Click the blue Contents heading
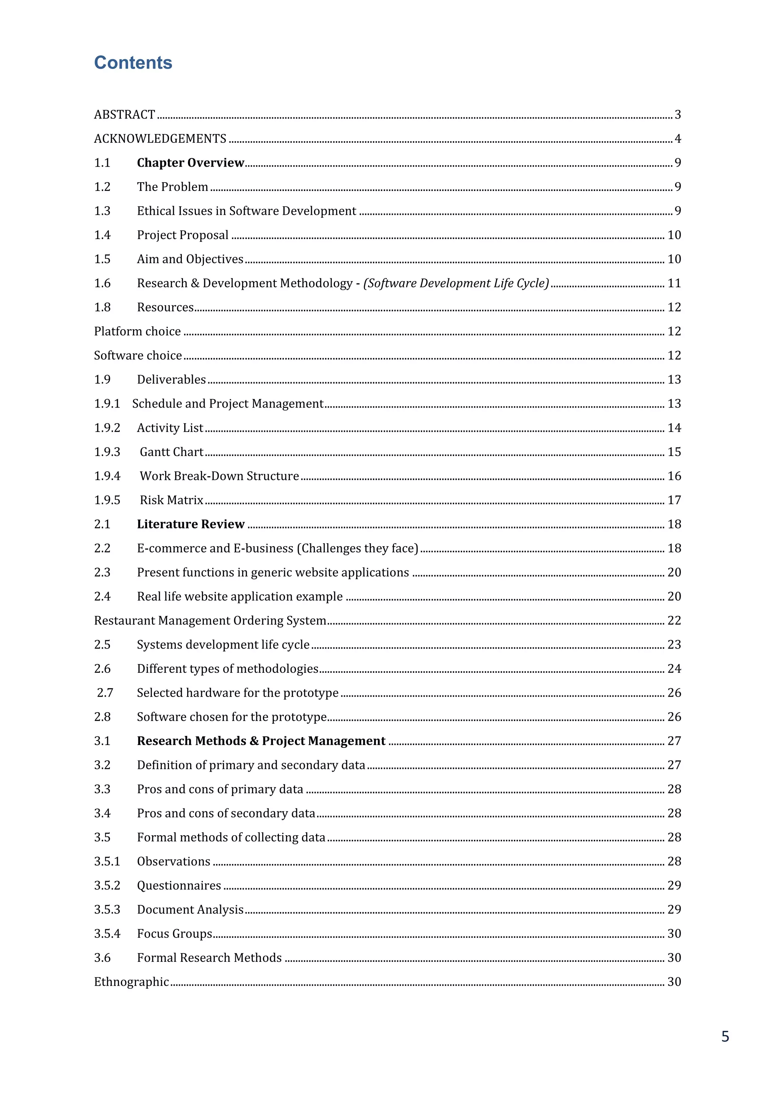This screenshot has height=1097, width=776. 133,63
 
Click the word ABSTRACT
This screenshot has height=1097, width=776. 124,115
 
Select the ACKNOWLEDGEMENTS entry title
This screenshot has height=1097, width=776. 160,139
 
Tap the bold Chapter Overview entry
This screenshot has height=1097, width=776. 190,163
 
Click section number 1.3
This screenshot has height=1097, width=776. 102,211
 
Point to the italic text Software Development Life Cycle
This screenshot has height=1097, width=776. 456,283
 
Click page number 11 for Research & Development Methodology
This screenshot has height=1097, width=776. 674,283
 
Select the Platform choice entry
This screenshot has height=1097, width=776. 137,331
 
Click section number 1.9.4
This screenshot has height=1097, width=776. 107,477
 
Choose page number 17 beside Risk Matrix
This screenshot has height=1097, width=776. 674,500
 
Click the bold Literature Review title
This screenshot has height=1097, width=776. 190,524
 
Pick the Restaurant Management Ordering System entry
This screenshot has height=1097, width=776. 210,620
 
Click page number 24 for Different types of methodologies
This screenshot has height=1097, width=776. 674,669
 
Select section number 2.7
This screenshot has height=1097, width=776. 105,693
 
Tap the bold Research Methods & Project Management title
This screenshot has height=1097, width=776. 261,741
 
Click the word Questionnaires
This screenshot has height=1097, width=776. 179,886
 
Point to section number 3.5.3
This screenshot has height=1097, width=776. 107,910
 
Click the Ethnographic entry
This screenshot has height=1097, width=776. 131,982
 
